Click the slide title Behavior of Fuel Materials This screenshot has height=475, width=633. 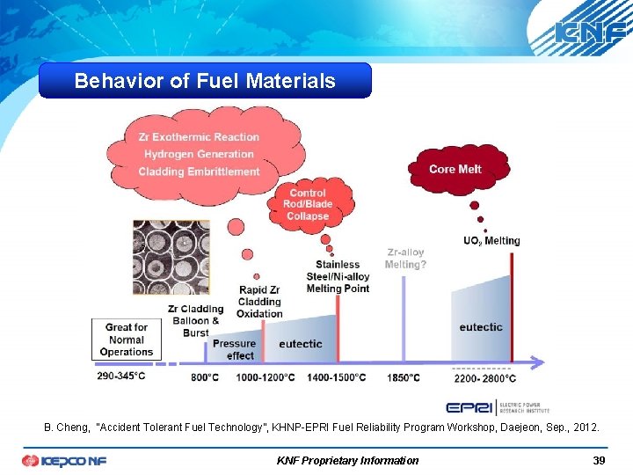coord(205,81)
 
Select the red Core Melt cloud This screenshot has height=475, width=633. coord(455,169)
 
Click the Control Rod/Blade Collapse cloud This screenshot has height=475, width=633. coord(307,204)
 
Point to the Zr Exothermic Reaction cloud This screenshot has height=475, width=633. coord(200,154)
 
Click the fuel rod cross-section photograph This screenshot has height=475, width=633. coord(171,256)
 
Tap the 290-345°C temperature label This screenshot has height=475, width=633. coord(121,376)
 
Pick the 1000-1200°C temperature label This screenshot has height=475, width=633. coord(266,377)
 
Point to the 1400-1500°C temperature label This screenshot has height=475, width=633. coord(337,377)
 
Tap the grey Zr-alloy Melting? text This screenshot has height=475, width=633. coord(404,259)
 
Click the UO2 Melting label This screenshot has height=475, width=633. coord(491,241)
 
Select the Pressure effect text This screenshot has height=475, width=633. coord(234,349)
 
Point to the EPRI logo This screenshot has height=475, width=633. coord(498,407)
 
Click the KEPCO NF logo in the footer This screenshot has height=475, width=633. coord(64,460)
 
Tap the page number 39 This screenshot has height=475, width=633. coord(599,460)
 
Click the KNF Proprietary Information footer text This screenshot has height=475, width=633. coord(347,460)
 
